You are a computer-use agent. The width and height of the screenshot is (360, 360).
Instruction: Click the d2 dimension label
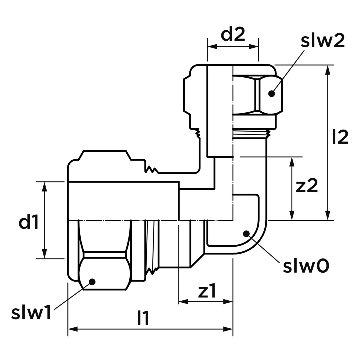pyautogui.click(x=233, y=34)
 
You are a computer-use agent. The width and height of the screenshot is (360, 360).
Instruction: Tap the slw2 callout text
pyautogui.click(x=323, y=41)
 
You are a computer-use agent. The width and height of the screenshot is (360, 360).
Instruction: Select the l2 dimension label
pyautogui.click(x=340, y=137)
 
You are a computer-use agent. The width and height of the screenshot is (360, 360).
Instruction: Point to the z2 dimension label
pyautogui.click(x=307, y=186)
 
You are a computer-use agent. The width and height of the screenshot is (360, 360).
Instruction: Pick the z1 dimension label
pyautogui.click(x=207, y=291)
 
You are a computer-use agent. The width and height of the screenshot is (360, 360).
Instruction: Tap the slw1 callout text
pyautogui.click(x=31, y=313)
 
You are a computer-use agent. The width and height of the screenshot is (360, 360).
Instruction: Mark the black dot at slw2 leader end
pyautogui.click(x=272, y=94)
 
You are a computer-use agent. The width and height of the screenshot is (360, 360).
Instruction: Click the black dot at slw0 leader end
pyautogui.click(x=246, y=234)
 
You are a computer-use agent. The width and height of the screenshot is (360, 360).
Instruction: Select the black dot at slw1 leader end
pyautogui.click(x=92, y=282)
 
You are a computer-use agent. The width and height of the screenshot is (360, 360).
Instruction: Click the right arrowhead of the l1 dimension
pyautogui.click(x=228, y=329)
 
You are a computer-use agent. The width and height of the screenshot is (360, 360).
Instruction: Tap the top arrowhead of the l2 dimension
pyautogui.click(x=328, y=70)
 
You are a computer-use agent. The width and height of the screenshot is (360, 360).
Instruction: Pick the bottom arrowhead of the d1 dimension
pyautogui.click(x=45, y=254)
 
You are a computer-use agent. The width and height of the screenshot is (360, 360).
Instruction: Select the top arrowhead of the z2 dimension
pyautogui.click(x=292, y=162)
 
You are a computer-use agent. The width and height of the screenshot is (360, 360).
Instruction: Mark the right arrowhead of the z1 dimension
pyautogui.click(x=228, y=301)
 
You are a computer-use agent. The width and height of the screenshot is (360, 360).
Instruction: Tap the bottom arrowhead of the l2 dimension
pyautogui.click(x=328, y=215)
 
